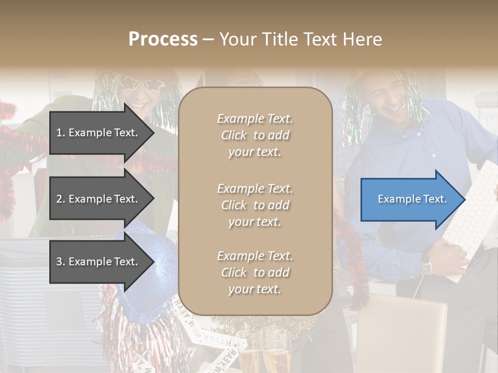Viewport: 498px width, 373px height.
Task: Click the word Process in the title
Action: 163,39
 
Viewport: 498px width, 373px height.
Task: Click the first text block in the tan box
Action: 255,135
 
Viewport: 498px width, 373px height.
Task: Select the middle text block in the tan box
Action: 255,205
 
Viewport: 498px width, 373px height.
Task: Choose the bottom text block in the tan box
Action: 255,272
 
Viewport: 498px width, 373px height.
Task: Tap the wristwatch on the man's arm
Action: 426,267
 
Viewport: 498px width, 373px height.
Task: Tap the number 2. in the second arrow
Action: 60,199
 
